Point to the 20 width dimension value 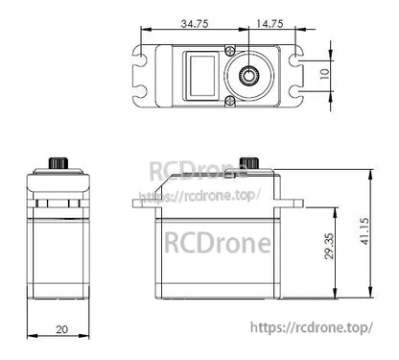pos(61,329)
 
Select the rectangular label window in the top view pos(201,75)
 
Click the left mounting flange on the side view pos(139,202)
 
